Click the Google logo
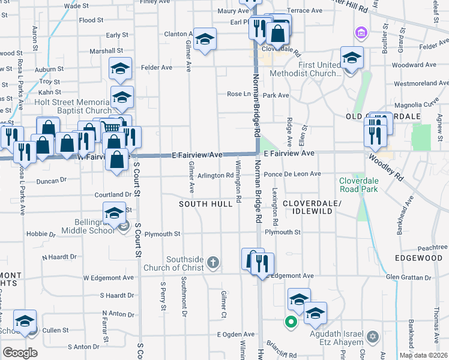[x=20, y=352]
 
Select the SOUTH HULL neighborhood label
[x=206, y=205]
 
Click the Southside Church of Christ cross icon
[x=213, y=262]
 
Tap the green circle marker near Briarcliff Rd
[x=291, y=322]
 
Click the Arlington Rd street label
[x=215, y=176]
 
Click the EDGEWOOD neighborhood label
[x=418, y=258]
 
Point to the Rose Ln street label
[x=238, y=94]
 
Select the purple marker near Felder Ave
[x=361, y=32]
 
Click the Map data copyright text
[x=423, y=355]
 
